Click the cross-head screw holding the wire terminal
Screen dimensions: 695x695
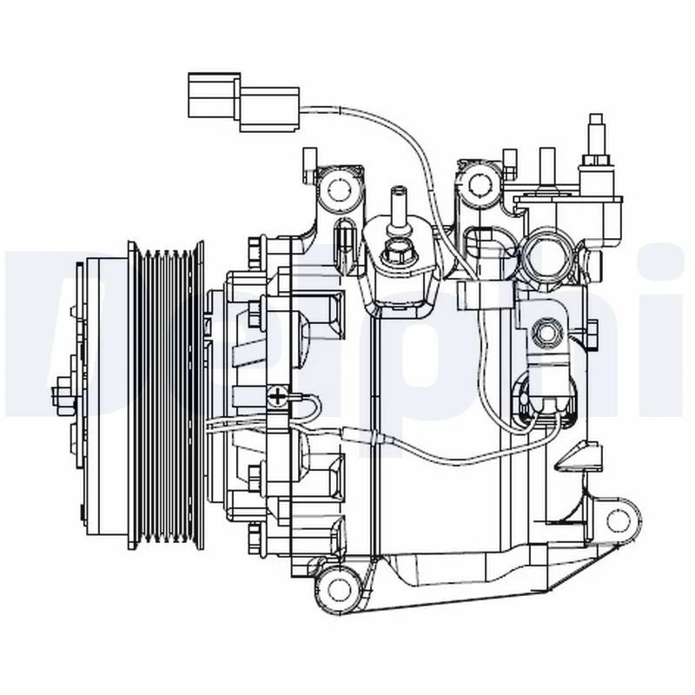point(278,397)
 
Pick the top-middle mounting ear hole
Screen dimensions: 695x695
point(476,183)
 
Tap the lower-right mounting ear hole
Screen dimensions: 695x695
point(618,520)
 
